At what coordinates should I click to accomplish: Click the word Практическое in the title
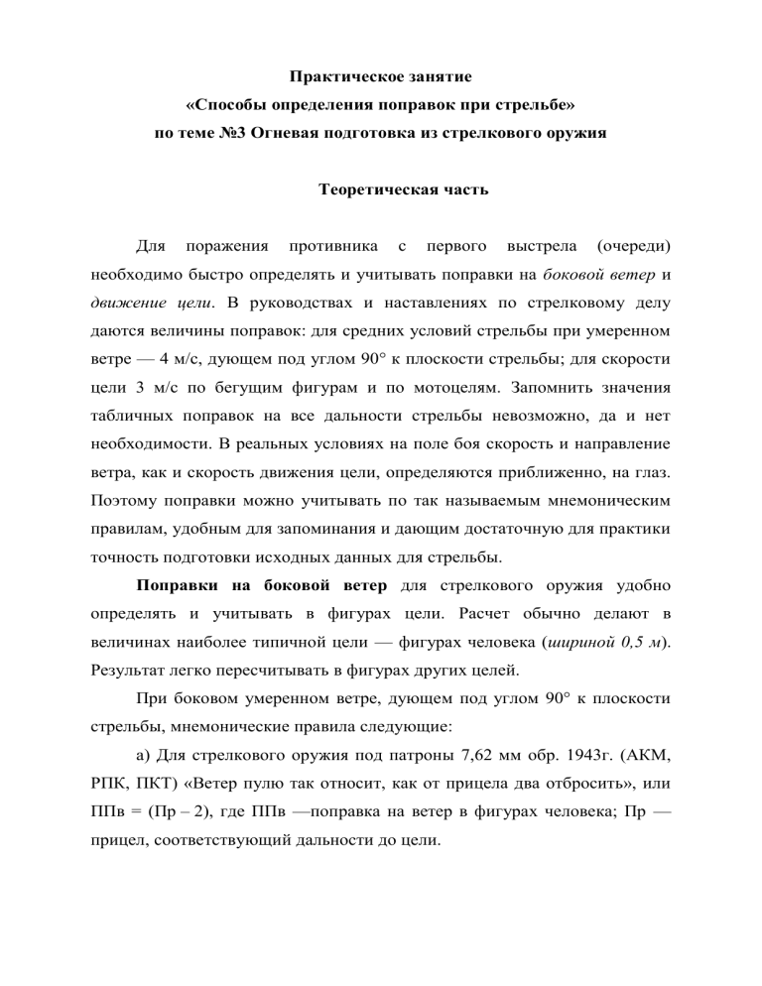335,76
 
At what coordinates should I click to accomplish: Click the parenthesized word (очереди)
629,244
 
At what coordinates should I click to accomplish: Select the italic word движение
121,300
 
